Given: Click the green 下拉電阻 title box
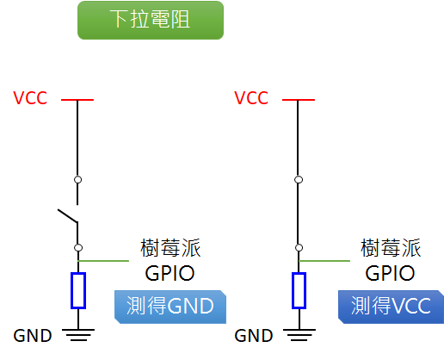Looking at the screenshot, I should [x=150, y=20].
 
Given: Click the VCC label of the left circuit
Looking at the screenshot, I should [x=31, y=98].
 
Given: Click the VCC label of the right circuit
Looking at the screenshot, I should [x=252, y=98].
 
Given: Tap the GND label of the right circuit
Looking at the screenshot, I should [x=253, y=335].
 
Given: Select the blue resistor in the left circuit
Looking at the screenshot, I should [x=78, y=290].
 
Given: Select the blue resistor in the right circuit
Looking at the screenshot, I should [x=299, y=290].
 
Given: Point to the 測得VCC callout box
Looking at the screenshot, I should [x=392, y=307].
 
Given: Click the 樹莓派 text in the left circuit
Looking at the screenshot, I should [x=170, y=249].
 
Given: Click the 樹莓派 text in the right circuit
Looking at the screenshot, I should [x=391, y=249].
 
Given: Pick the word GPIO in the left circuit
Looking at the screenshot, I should [x=170, y=273].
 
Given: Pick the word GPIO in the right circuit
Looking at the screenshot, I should [x=390, y=273].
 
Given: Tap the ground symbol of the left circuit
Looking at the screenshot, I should [x=78, y=334].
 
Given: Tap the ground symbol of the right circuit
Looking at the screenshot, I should [x=299, y=334].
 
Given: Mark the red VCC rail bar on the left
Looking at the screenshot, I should [x=77, y=100].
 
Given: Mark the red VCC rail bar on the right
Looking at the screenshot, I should [x=299, y=100].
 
